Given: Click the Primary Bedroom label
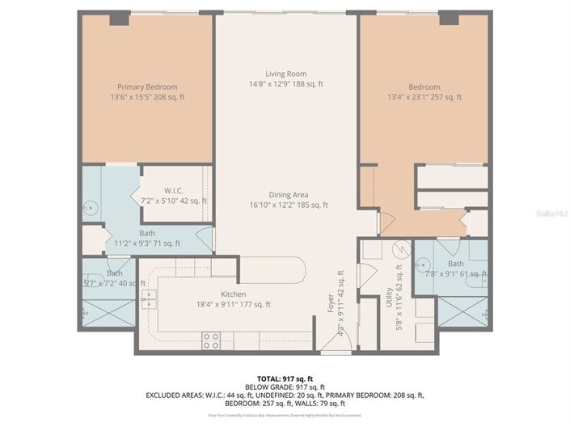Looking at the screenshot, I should coord(147,87).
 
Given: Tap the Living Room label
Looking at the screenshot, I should coord(285,74).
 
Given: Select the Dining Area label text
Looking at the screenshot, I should coord(289,194).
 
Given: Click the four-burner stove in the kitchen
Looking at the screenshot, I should coord(211,340).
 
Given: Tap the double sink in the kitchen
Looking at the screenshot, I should coord(148,302).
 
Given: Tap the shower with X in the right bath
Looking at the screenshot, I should coord(463,311).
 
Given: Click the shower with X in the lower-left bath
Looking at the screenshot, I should coord(108,312).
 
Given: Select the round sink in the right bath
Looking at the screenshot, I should coord(422,264).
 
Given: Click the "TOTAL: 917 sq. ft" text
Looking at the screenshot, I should coord(285,378).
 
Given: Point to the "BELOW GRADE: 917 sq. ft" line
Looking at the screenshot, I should coord(285,387).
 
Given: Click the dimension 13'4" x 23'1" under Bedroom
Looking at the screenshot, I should coord(424,97).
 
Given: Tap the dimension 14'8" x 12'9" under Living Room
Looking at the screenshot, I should coord(285,83).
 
